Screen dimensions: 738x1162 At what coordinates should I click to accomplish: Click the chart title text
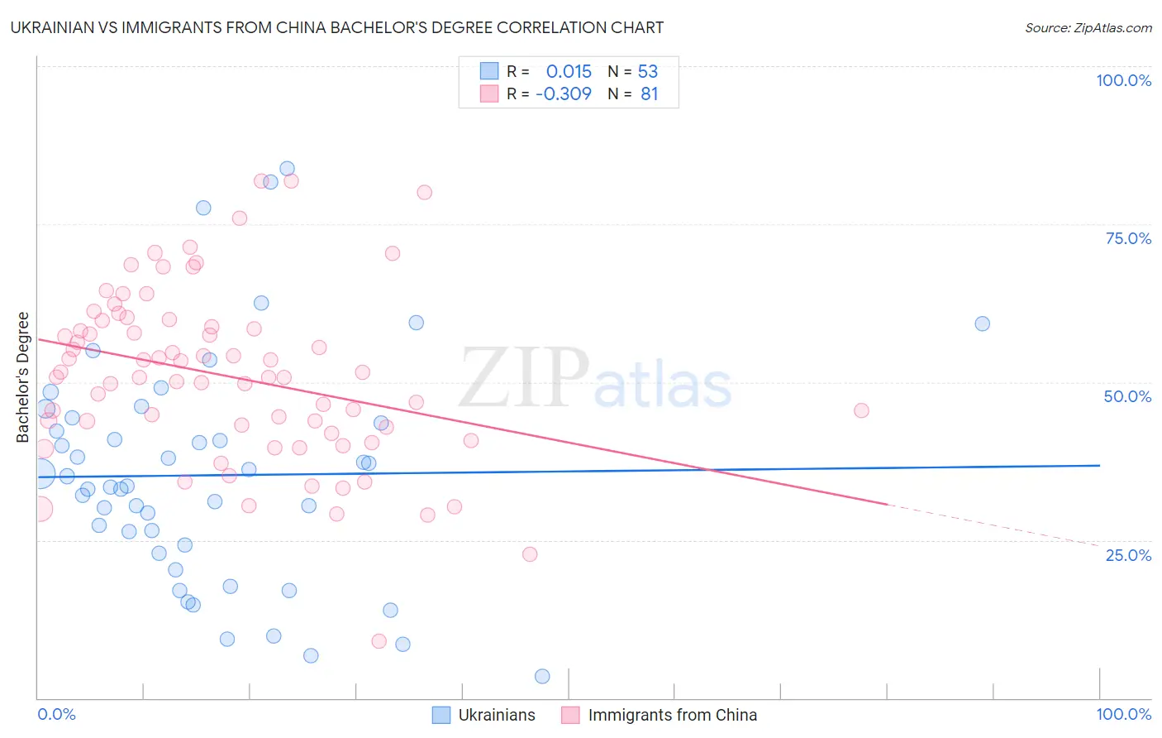coord(337,27)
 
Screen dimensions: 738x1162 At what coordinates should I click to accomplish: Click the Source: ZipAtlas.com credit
coord(1088,28)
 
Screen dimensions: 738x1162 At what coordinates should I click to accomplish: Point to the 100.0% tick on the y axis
coord(1123,80)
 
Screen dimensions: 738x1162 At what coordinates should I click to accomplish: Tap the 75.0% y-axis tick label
coord(1128,238)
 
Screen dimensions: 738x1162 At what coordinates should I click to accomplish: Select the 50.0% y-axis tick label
coord(1127,396)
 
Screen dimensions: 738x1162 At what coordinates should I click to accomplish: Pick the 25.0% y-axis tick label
coord(1128,555)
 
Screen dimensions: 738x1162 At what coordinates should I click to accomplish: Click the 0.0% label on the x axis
coord(56,714)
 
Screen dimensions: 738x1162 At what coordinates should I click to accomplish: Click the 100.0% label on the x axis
coord(1123,714)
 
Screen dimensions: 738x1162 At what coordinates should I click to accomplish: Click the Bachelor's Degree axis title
coord(23,377)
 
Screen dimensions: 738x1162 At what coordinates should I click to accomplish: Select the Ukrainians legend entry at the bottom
coord(496,715)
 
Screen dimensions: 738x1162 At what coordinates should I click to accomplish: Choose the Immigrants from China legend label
coord(671,715)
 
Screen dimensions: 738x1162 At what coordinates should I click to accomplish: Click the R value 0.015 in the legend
coord(569,72)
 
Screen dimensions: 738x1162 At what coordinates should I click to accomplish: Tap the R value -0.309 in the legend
coord(564,94)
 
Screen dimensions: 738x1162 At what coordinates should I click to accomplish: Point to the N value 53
coord(648,72)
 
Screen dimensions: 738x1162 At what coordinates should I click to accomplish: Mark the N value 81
coord(650,94)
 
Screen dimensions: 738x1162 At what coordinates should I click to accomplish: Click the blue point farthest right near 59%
coord(982,323)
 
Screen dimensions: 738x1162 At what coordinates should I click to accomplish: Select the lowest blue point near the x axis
coord(542,676)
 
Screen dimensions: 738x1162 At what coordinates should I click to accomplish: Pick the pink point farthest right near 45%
coord(861,410)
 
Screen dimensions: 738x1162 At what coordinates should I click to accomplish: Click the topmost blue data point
coord(287,169)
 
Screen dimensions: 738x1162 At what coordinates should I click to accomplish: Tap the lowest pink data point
coord(379,641)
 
